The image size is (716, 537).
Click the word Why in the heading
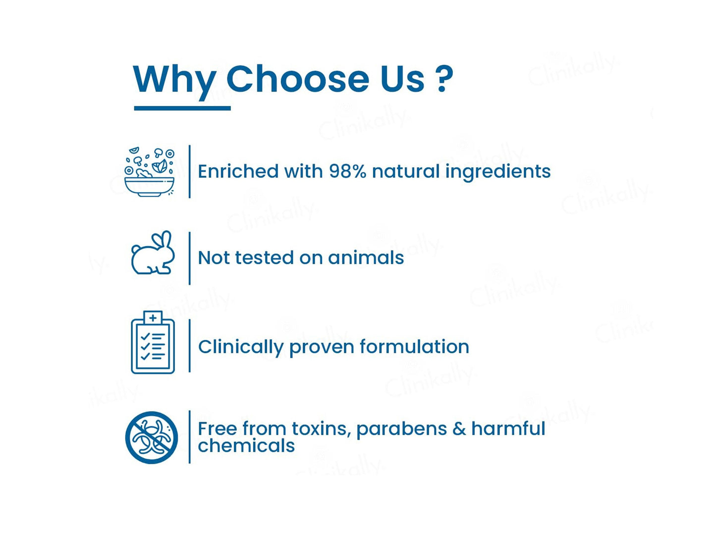[174, 82]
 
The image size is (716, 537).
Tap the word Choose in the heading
[297, 79]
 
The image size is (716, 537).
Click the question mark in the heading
[444, 78]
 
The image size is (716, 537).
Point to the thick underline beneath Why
[182, 108]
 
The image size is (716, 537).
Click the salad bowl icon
[150, 172]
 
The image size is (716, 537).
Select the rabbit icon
[153, 253]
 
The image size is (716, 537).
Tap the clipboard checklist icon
[153, 342]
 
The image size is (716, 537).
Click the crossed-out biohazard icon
[152, 437]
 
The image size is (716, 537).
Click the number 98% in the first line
[347, 171]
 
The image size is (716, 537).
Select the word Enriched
[238, 171]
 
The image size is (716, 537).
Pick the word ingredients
[498, 172]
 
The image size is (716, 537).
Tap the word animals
[366, 258]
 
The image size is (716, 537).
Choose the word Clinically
[241, 347]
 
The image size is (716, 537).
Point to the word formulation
[414, 346]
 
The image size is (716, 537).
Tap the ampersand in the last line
[459, 429]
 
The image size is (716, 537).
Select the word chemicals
[246, 446]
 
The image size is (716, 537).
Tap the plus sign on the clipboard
[153, 318]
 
